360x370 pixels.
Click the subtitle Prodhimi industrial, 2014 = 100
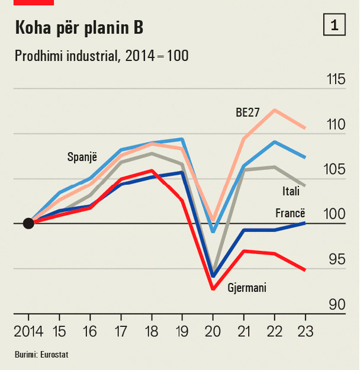(x=101, y=56)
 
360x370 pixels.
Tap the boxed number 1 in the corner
(x=335, y=25)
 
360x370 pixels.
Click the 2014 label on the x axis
(x=28, y=331)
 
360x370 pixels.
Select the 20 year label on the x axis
(x=213, y=331)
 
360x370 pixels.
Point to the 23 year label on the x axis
(x=305, y=331)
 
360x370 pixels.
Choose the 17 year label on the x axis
(x=121, y=331)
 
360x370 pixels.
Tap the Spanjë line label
(x=82, y=157)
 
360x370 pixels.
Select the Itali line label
(x=290, y=191)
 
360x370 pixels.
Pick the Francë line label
(x=290, y=213)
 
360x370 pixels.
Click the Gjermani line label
(x=247, y=288)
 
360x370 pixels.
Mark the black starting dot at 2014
(x=28, y=223)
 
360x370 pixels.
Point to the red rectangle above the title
(x=34, y=2)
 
